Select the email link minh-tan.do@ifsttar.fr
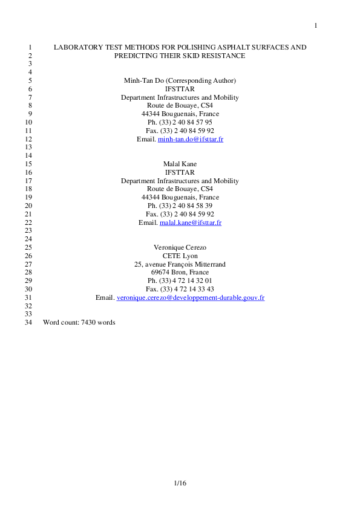[191, 139]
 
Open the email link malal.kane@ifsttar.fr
[191, 222]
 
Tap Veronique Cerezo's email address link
[191, 297]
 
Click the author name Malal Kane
[180, 164]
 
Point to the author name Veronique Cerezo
[180, 247]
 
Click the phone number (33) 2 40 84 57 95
[185, 122]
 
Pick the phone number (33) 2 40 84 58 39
[185, 206]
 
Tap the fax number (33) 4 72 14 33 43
[186, 289]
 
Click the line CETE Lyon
[180, 256]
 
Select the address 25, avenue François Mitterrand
[180, 264]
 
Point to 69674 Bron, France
[180, 273]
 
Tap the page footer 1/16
[180, 483]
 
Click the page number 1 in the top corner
[315, 25]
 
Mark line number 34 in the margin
[28, 322]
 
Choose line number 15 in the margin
[28, 164]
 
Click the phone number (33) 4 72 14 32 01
[185, 280]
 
